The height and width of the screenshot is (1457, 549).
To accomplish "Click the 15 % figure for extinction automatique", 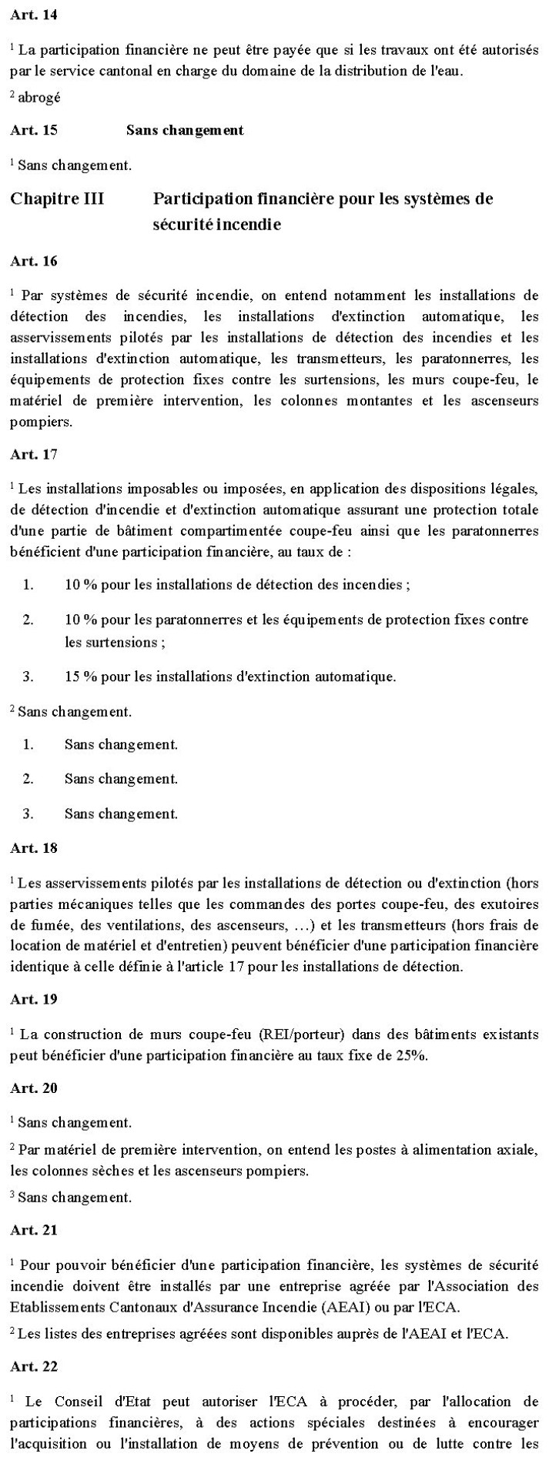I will [x=80, y=677].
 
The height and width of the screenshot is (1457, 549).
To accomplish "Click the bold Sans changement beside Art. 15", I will [x=185, y=130].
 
